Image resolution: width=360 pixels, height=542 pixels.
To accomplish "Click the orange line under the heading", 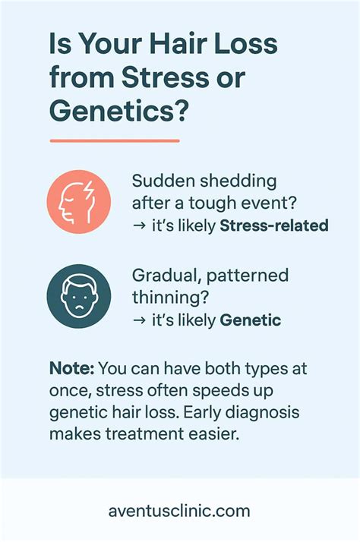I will click(115, 141).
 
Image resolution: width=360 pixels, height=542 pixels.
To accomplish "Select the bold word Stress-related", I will click(274, 225).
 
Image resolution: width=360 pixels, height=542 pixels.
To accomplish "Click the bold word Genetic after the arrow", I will click(251, 320).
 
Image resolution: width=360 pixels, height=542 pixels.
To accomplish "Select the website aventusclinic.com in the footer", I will click(179, 511).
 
